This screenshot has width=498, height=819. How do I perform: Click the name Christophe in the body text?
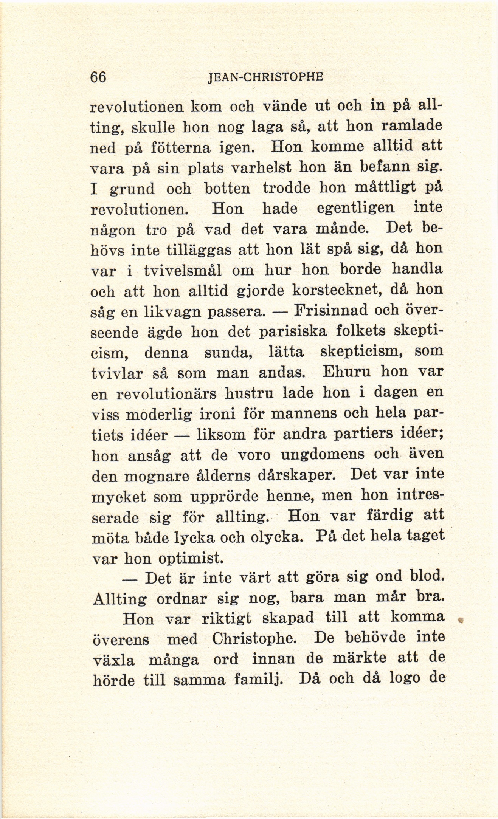pyautogui.click(x=253, y=639)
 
